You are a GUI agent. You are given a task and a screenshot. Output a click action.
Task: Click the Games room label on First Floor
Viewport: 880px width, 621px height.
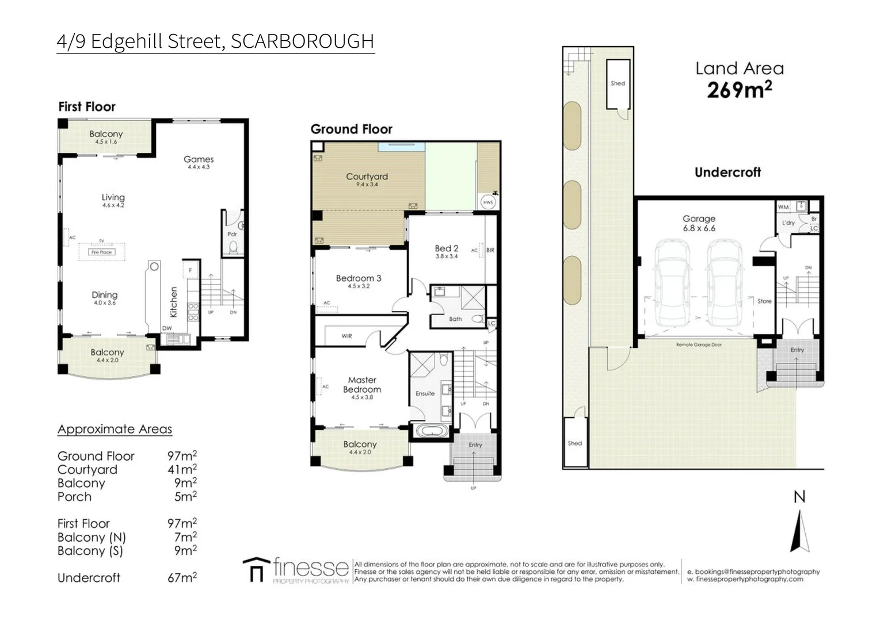click(199, 159)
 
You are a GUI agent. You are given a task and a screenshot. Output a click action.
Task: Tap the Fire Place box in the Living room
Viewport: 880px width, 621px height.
click(101, 252)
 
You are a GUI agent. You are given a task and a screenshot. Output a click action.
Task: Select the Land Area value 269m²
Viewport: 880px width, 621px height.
click(739, 90)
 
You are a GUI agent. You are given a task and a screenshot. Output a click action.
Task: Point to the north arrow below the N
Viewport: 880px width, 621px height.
click(799, 532)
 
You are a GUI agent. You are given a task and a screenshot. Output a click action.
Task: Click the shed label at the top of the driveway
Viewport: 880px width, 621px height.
click(618, 83)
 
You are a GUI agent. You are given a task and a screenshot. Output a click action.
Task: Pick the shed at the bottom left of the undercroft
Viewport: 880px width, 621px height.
click(575, 443)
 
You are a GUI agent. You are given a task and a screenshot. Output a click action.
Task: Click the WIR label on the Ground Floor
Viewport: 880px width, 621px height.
click(346, 336)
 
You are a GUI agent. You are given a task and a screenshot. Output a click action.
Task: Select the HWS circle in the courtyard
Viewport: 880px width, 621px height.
click(488, 202)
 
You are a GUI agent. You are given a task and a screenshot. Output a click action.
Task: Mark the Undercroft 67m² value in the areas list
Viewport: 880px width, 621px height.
click(182, 577)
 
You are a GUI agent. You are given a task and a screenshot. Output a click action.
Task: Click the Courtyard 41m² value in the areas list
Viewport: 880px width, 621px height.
click(182, 470)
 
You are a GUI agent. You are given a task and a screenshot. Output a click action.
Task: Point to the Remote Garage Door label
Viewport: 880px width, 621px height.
click(699, 344)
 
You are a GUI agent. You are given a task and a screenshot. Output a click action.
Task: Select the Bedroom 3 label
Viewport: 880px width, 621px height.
click(359, 278)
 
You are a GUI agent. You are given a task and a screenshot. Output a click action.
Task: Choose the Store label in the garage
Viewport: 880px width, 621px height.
click(764, 301)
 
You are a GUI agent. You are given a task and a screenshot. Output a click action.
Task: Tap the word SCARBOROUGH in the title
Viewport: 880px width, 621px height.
click(302, 41)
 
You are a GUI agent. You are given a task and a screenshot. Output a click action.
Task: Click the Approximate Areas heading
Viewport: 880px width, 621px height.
click(115, 429)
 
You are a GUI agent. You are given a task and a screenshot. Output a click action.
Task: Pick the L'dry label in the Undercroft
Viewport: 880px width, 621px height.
click(788, 223)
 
